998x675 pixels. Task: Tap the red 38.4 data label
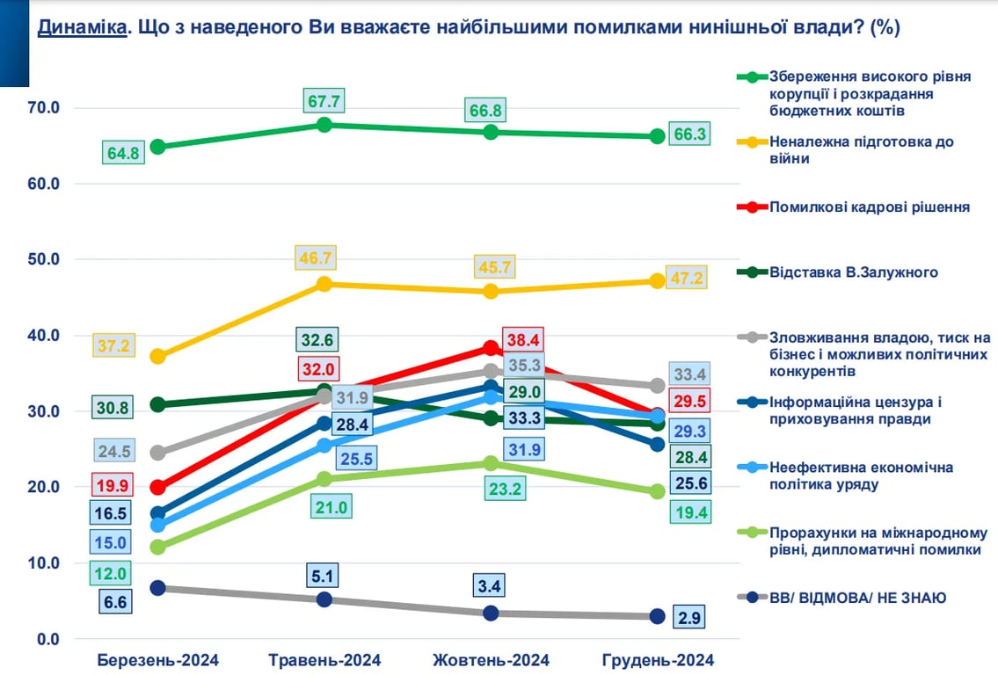click(522, 339)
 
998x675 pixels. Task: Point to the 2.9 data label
click(688, 617)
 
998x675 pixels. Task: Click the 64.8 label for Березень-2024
click(122, 151)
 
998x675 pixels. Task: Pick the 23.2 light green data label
click(505, 488)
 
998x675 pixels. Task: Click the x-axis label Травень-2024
click(324, 660)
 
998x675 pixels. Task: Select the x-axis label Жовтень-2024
click(492, 660)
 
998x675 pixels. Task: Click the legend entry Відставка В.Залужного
click(853, 272)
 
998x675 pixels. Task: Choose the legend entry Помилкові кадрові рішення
click(869, 207)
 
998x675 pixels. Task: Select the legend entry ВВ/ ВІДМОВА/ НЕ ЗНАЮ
click(857, 598)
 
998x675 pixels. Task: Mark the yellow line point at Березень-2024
click(157, 356)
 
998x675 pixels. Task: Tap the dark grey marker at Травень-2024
click(324, 599)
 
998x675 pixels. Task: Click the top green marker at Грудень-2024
click(657, 135)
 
